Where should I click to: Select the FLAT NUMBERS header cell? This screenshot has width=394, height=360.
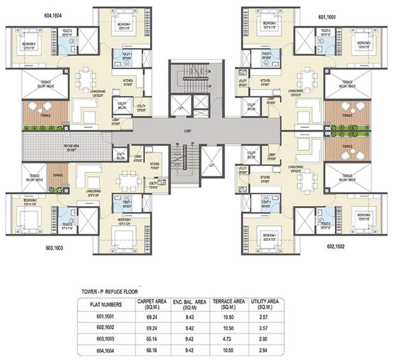tap(105, 304)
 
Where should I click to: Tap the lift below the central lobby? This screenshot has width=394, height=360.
tap(211, 162)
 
